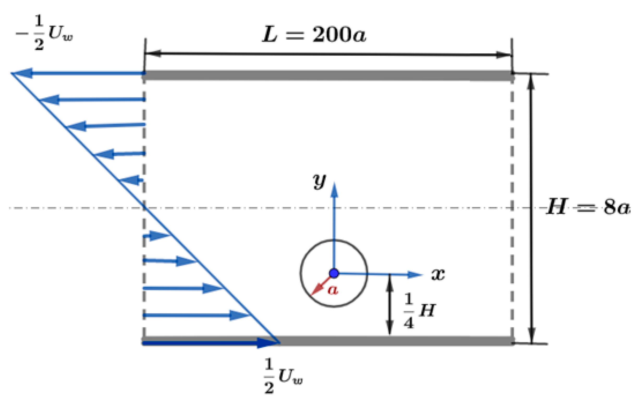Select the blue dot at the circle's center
[x=334, y=273]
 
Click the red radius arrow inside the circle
[x=320, y=286]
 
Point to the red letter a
[x=333, y=290]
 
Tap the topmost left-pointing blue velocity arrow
[x=79, y=73]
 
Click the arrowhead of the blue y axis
[x=334, y=190]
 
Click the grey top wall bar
[x=327, y=75]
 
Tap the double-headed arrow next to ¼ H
[x=389, y=305]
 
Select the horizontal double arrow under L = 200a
[x=327, y=54]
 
